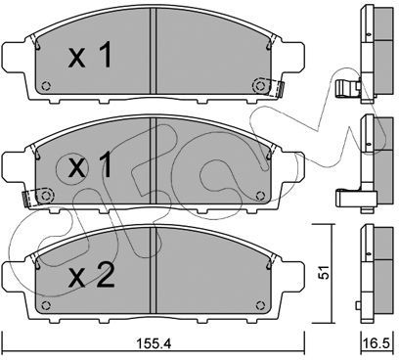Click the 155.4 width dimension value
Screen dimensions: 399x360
(153, 343)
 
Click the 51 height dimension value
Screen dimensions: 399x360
(324, 273)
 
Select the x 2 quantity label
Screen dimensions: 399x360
(92, 276)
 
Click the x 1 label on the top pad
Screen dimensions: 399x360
(90, 56)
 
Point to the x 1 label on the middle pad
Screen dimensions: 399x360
(90, 165)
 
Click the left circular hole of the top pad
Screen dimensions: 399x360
(46, 86)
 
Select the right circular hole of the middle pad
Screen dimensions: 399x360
(260, 196)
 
